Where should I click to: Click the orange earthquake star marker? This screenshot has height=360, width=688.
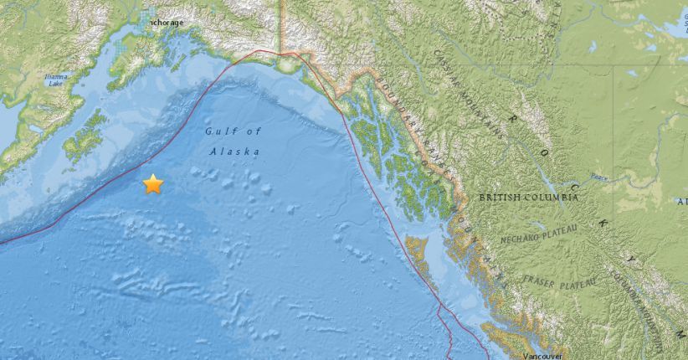[152, 184]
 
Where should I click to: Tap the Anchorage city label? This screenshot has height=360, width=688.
[167, 23]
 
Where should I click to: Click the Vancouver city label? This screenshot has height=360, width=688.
[532, 355]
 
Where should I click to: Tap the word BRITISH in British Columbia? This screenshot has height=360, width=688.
[504, 198]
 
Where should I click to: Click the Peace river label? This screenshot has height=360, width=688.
[598, 177]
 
